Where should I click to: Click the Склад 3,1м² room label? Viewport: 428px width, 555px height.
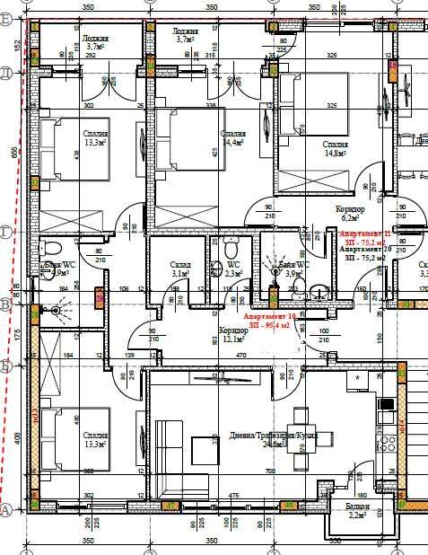tap(179, 269)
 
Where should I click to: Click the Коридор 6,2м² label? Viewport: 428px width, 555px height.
tap(347, 212)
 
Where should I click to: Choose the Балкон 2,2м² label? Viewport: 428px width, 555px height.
tap(357, 512)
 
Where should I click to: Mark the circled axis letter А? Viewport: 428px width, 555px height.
tap(5, 509)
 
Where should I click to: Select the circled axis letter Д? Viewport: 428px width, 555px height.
tap(5, 71)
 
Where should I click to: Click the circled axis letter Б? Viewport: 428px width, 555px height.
tap(5, 366)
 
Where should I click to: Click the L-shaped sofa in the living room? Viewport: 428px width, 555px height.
tap(181, 458)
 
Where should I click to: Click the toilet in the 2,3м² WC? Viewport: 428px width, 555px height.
tap(231, 249)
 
